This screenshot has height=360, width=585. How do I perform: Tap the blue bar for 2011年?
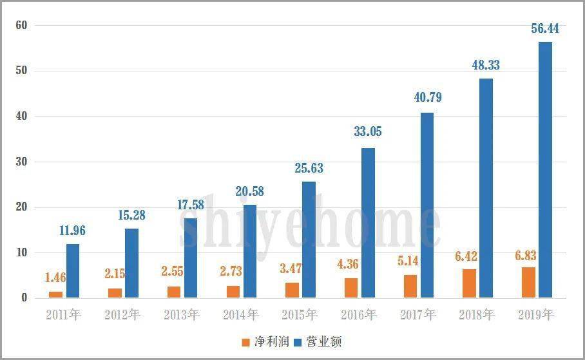point(73,271)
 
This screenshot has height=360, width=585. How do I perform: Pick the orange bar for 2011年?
point(56,294)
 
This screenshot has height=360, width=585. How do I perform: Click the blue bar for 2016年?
point(368,223)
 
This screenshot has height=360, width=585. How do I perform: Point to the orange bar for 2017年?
point(410,286)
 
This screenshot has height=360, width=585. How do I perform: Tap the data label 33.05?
point(368,133)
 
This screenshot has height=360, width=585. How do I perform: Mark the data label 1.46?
point(56,278)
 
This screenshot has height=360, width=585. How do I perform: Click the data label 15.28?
point(131,215)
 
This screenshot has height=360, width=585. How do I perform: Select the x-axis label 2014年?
point(240,315)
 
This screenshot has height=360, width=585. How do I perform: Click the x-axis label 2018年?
point(477,315)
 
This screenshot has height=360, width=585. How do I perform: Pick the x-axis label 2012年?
point(122,315)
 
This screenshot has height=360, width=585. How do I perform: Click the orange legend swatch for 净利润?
point(245,342)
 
